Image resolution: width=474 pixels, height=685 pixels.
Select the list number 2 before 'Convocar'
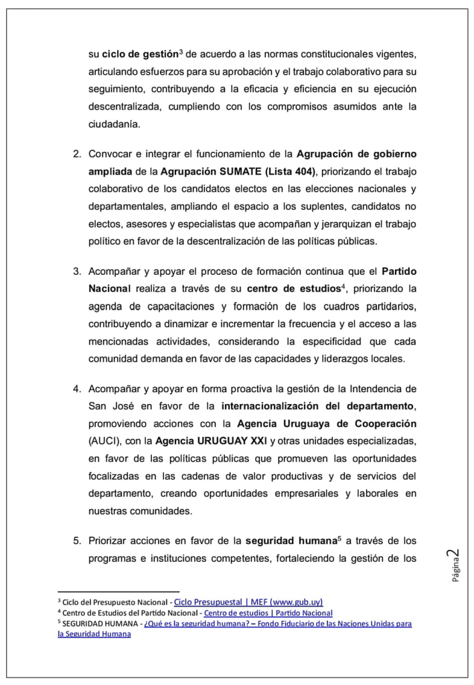[77, 153]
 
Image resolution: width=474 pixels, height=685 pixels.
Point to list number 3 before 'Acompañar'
[77, 271]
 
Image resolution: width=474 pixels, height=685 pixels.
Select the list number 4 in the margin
[77, 389]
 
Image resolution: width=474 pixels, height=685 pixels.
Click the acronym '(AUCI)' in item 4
[105, 441]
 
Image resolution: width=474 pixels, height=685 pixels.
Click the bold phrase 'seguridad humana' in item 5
[284, 541]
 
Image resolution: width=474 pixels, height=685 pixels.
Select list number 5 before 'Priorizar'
[77, 541]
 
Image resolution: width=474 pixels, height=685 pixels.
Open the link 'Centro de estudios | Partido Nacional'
[268, 613]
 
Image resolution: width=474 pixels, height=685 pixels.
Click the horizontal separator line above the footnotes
[118, 591]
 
